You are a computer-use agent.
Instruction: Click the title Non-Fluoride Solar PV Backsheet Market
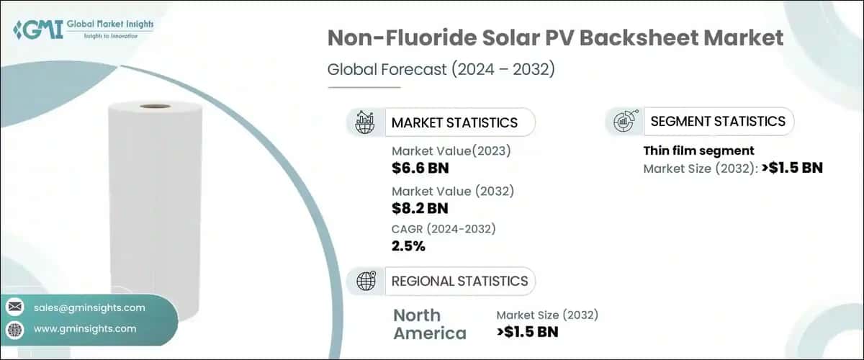(555, 39)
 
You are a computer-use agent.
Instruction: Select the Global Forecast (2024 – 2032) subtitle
(441, 70)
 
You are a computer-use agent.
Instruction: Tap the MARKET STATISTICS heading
(454, 122)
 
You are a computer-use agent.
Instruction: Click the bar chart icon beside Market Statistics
(365, 122)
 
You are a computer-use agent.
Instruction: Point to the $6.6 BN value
(420, 168)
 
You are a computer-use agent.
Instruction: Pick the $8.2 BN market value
(420, 209)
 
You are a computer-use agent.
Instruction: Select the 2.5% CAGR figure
(408, 246)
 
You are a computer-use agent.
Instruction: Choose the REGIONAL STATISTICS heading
(459, 281)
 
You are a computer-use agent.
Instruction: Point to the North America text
(429, 324)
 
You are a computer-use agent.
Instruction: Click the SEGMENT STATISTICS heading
(718, 121)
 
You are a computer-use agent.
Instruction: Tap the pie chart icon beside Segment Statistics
(624, 122)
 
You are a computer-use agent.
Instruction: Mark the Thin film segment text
(698, 151)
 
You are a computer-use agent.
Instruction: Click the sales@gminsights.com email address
(89, 307)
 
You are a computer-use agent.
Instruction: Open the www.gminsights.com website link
(85, 329)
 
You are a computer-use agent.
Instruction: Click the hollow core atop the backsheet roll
(155, 107)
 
